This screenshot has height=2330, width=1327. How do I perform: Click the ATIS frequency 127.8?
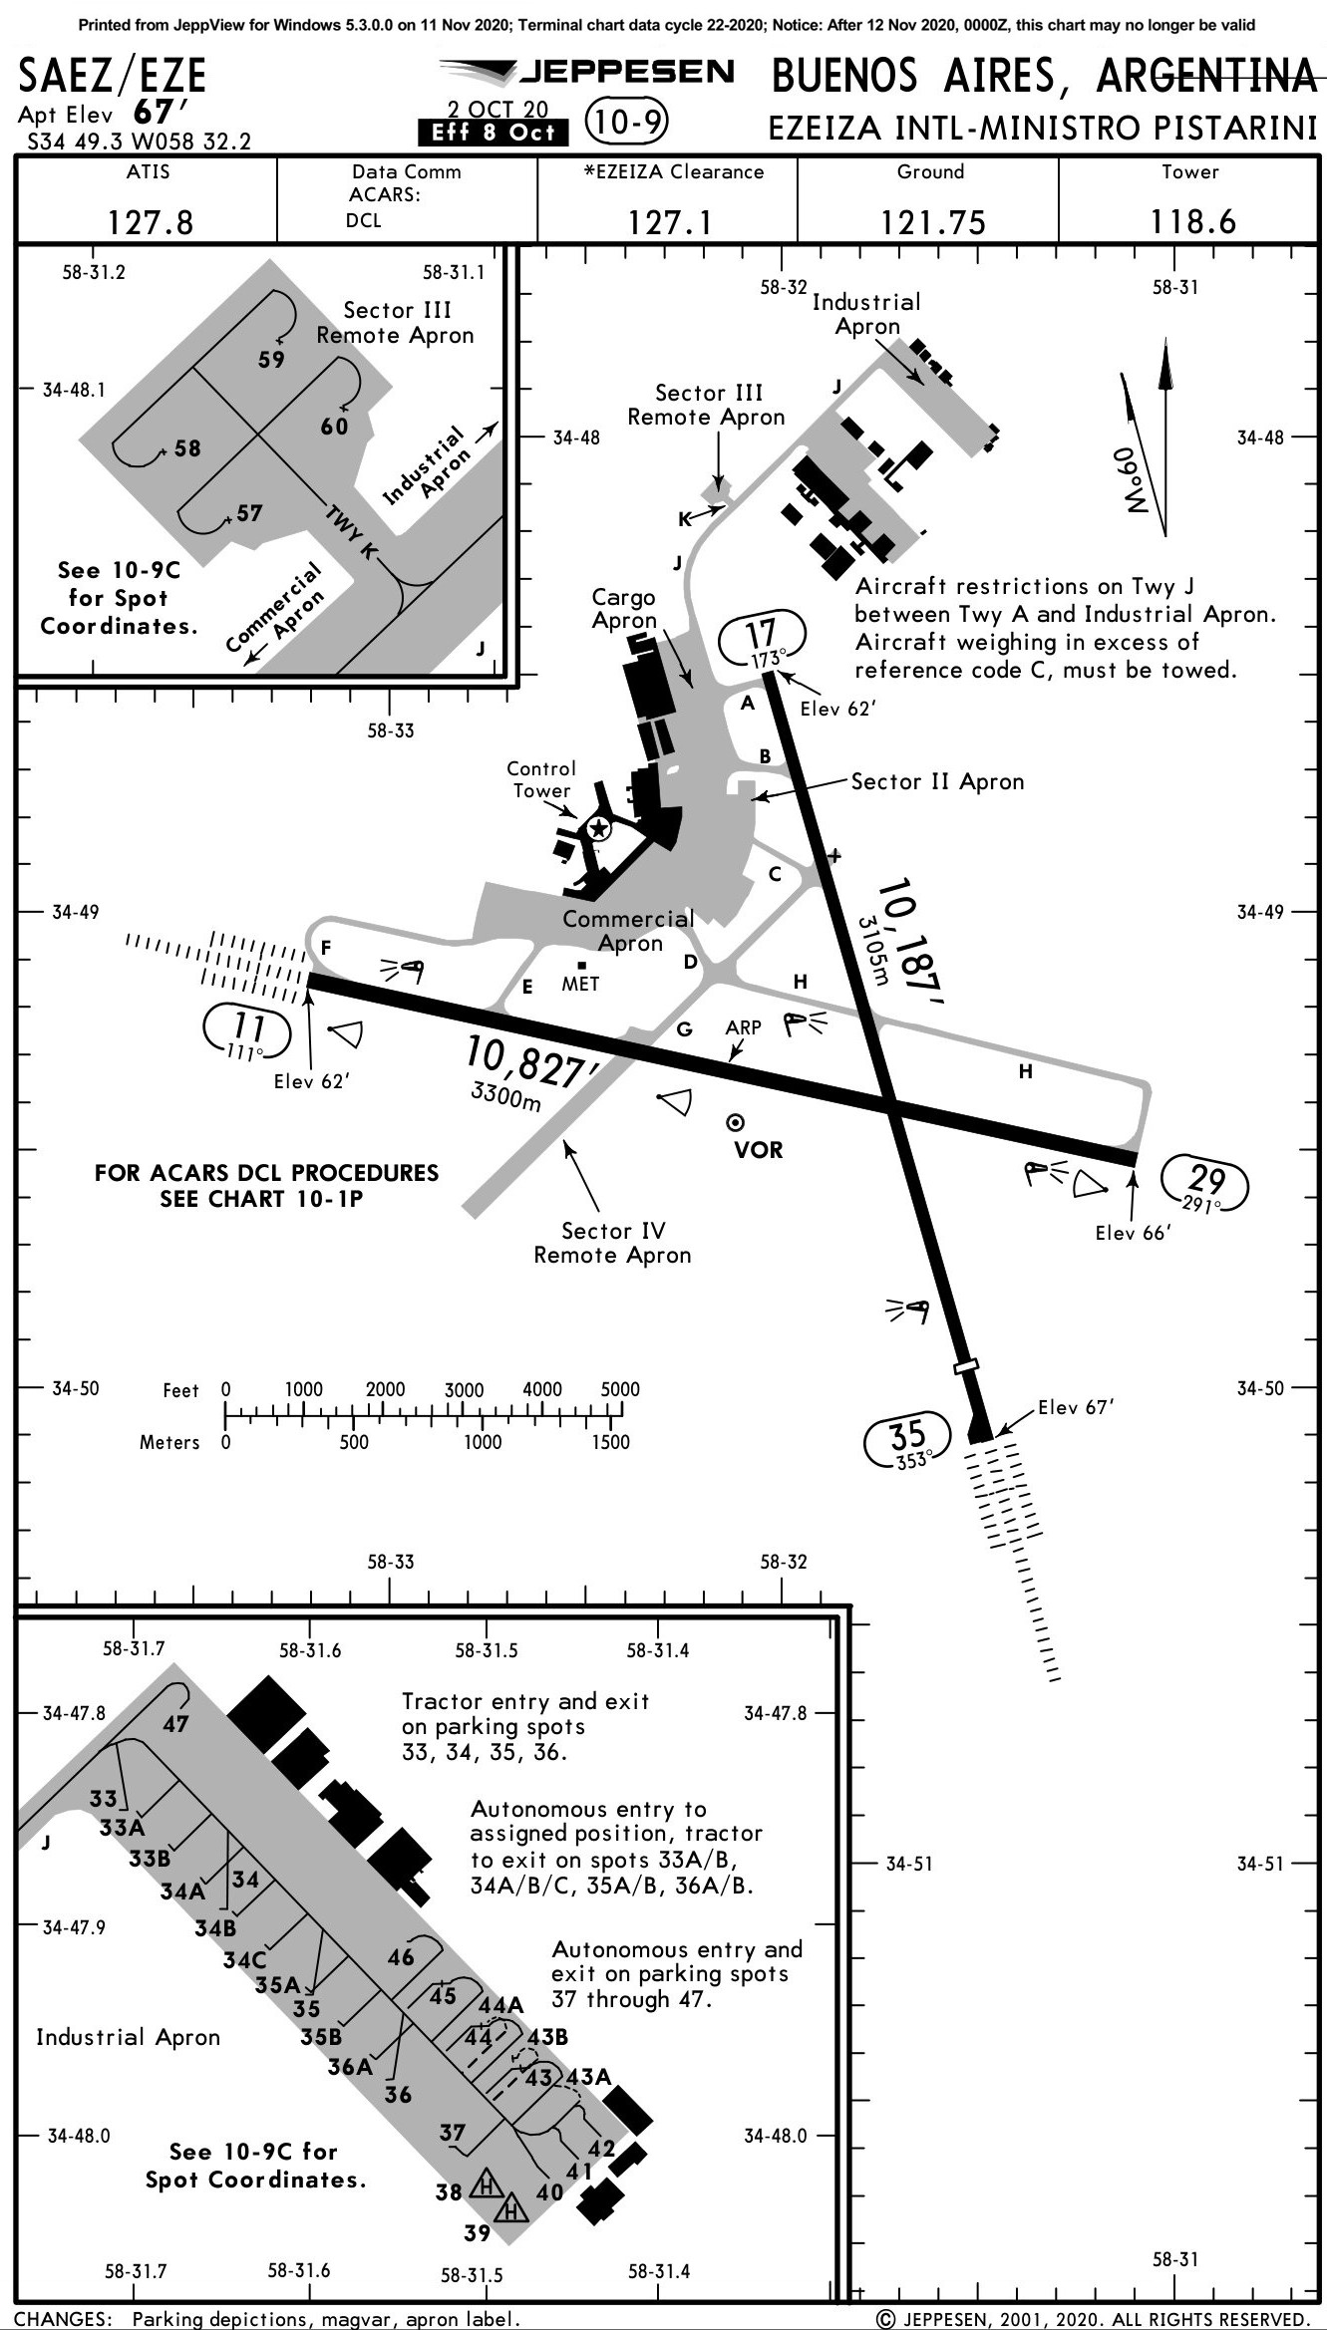tap(150, 222)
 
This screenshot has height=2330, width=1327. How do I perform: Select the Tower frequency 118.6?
tap(1192, 221)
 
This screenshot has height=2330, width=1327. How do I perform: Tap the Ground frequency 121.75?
tap(932, 222)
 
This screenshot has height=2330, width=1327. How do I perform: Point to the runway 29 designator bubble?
tap(1205, 1184)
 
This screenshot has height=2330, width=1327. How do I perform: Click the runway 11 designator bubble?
tap(247, 1031)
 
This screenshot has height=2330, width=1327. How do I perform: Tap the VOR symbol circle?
tap(736, 1123)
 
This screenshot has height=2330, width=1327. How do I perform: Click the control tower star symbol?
tap(598, 828)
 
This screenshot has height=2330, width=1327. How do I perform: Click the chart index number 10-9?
tap(626, 122)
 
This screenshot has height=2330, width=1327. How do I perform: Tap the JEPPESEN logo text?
tap(626, 72)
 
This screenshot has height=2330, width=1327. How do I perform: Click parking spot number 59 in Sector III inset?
tap(271, 360)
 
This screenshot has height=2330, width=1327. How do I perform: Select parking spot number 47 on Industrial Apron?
tap(175, 1723)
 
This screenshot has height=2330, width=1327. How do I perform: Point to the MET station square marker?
tap(581, 965)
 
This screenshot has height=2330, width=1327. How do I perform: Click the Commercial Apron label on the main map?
tap(628, 931)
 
